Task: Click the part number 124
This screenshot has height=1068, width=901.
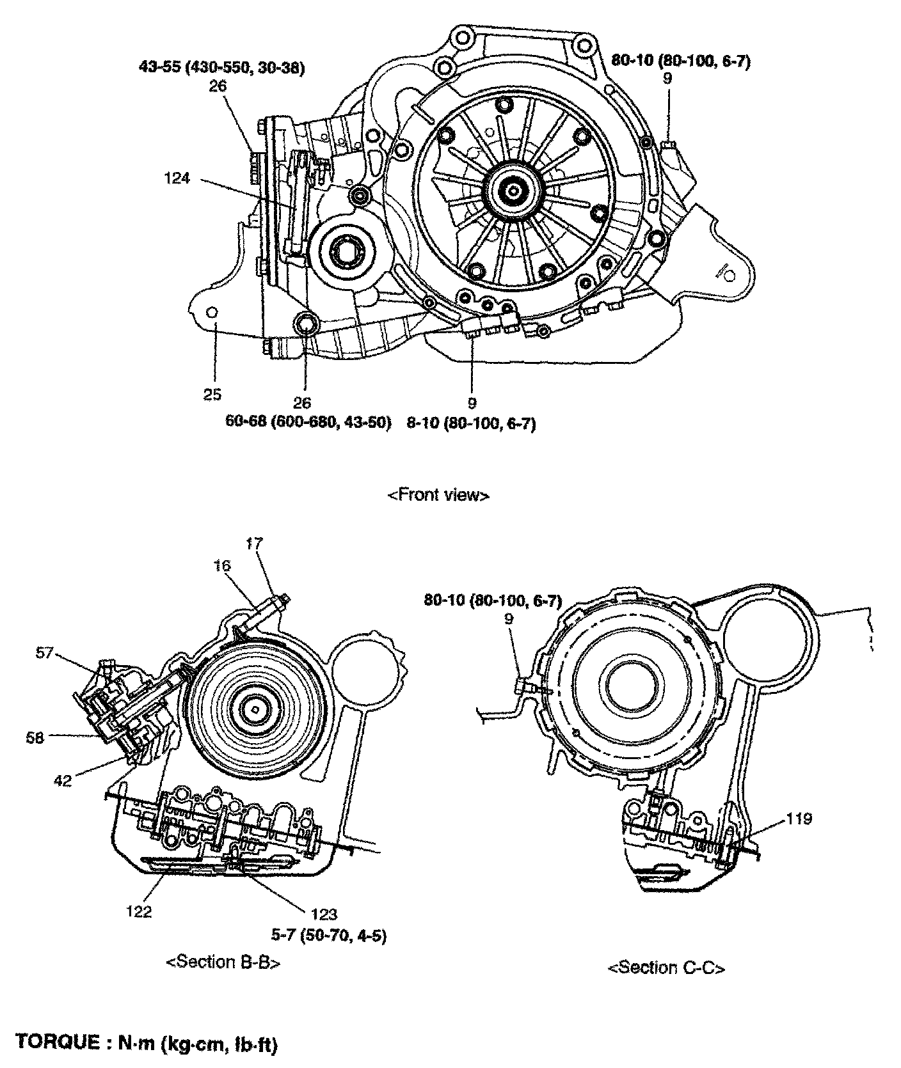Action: point(177,178)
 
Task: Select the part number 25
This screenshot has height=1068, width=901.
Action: point(212,395)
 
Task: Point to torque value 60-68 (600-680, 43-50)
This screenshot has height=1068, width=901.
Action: point(308,423)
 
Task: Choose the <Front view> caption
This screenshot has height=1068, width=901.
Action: point(439,495)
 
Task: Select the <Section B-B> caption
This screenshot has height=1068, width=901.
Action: point(223,962)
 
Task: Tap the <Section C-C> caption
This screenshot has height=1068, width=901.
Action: point(666,968)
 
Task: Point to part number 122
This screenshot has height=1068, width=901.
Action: point(139,911)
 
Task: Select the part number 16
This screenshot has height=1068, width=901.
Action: point(223,565)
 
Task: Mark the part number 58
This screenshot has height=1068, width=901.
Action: point(35,737)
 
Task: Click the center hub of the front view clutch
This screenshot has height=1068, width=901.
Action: point(514,189)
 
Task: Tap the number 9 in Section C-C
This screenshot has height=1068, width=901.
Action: point(509,618)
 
